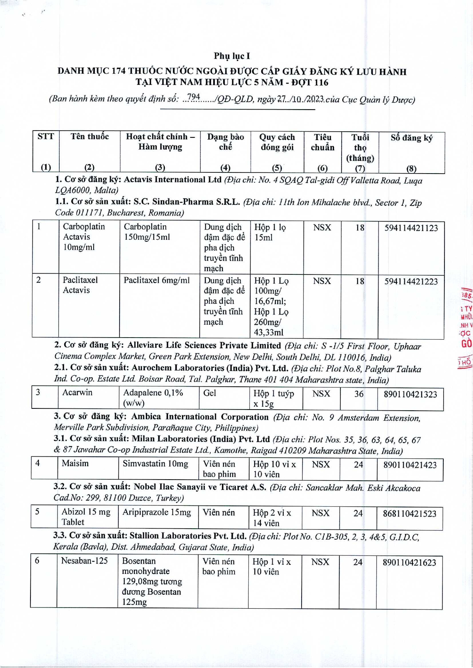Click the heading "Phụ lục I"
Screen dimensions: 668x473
[232, 56]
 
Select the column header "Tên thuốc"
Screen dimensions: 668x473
[89, 137]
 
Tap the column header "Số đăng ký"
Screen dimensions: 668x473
[411, 138]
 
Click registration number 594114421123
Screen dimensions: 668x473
[411, 228]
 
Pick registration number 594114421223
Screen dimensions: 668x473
[411, 282]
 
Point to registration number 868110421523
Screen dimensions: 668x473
[409, 514]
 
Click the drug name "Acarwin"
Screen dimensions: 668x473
[77, 393]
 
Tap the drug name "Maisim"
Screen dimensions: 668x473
[75, 464]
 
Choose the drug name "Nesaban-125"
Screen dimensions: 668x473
[84, 561]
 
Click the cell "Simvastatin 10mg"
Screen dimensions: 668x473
[155, 464]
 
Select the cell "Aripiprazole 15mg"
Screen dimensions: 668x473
[157, 512]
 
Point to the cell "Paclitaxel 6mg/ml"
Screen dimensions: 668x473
[157, 281]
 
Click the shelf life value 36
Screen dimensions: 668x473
[359, 394]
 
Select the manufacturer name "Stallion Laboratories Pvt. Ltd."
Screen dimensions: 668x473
[188, 536]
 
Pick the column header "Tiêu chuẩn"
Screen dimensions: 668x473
[322, 142]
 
